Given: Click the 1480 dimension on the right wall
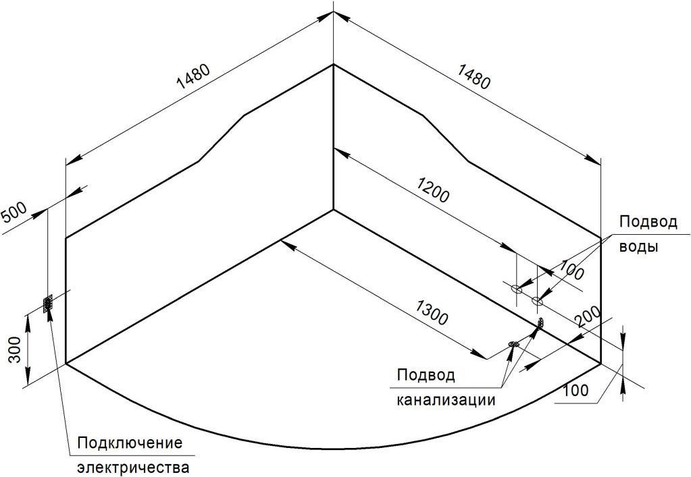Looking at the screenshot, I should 473,76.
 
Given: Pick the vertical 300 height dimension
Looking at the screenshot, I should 15,350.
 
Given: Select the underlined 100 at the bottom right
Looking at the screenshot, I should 574,390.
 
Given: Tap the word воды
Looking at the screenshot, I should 639,246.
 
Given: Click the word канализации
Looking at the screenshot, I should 446,399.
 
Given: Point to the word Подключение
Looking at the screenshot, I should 130,443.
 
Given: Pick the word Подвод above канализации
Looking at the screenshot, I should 426,376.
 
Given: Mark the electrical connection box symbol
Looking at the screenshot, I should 48,304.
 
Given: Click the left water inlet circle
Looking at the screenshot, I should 516,289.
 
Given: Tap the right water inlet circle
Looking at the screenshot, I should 537,300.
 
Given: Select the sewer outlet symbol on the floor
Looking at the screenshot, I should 513,345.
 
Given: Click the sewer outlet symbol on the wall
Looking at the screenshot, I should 540,325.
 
